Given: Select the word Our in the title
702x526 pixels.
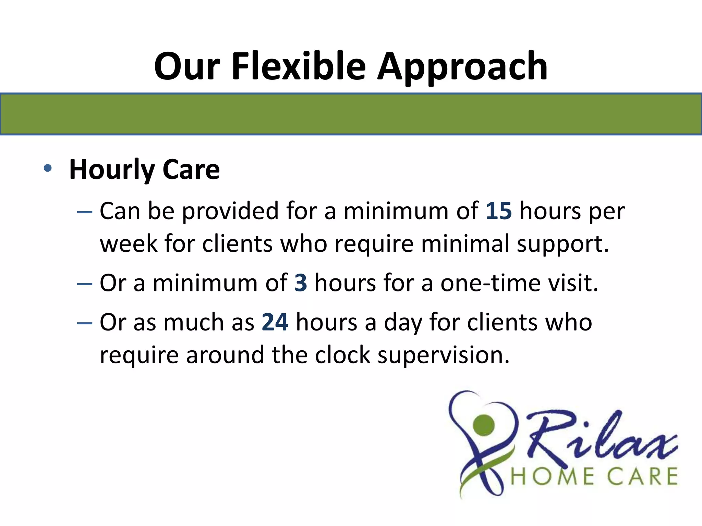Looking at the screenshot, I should point(187,66).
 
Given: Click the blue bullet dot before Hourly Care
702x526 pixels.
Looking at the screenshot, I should point(48,168).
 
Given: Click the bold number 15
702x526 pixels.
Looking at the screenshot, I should point(499,211).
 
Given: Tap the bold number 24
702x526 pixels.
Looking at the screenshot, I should point(275,322).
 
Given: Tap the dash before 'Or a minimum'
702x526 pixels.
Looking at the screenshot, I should point(85,284).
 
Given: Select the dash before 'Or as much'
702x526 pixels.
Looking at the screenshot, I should point(85,323).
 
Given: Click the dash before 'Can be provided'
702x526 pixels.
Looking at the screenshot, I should point(85,212).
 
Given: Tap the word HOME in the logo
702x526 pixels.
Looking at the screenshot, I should point(553,476).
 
